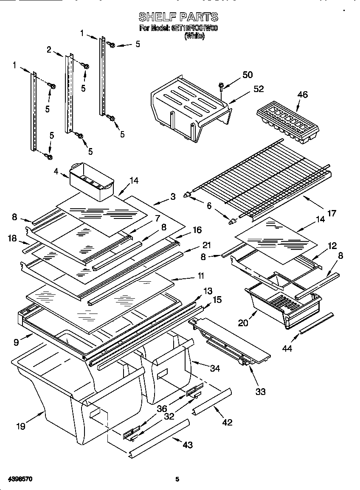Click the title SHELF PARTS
pyautogui.click(x=179, y=17)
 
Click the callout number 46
pyautogui.click(x=303, y=95)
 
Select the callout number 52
pyautogui.click(x=259, y=89)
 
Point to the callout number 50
pyautogui.click(x=247, y=75)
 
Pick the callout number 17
pyautogui.click(x=332, y=213)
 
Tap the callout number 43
pyautogui.click(x=187, y=445)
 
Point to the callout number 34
pyautogui.click(x=215, y=368)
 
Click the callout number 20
pyautogui.click(x=243, y=323)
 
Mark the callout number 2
pyautogui.click(x=49, y=50)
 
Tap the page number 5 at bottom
pyautogui.click(x=177, y=479)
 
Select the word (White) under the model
pyautogui.click(x=194, y=36)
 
